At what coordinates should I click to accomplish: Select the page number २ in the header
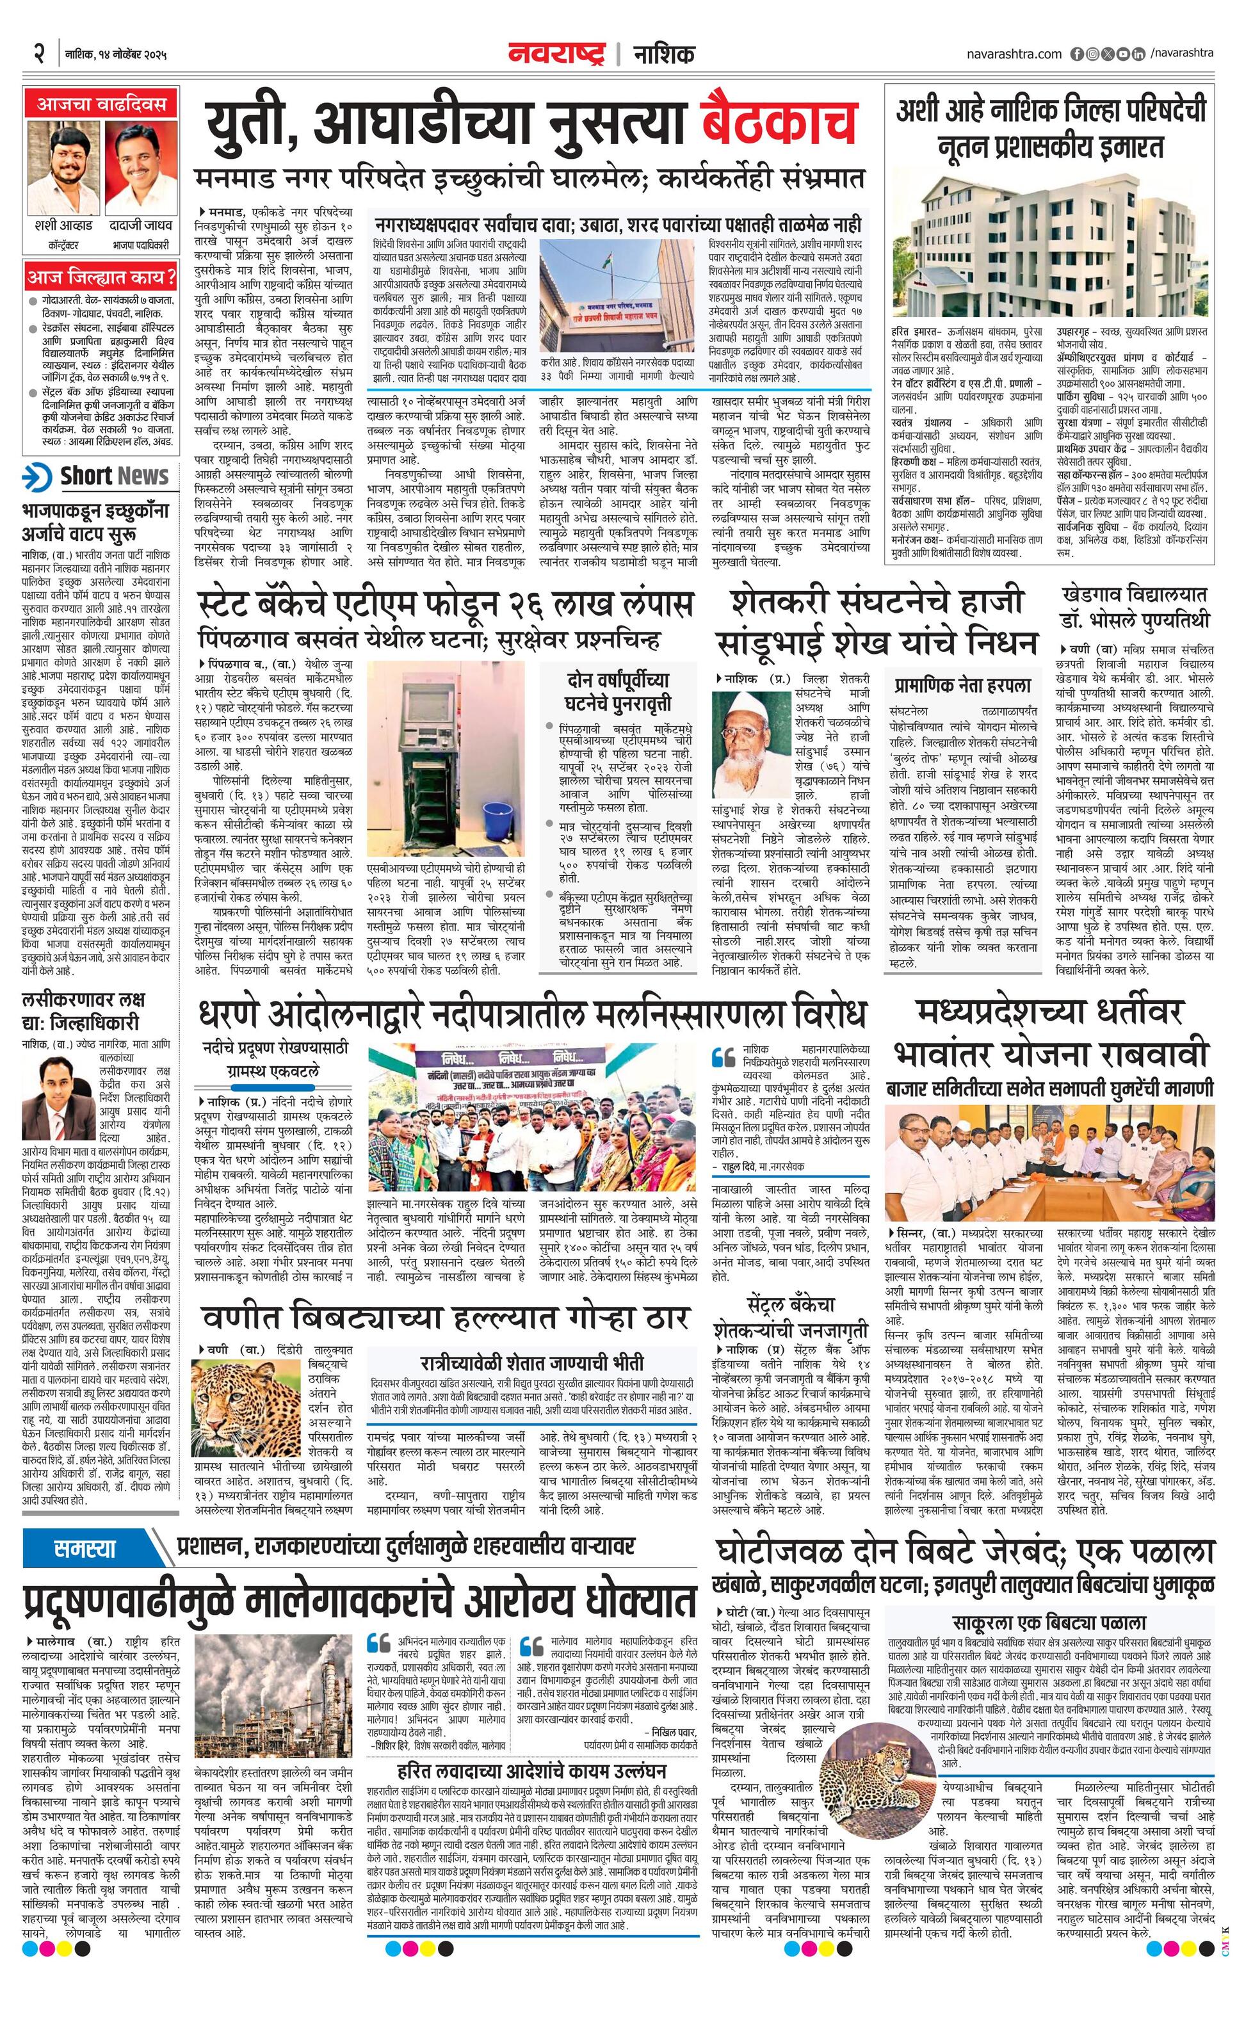tap(38, 54)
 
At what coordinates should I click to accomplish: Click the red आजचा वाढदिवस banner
tap(101, 104)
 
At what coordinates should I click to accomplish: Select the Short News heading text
tap(114, 476)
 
